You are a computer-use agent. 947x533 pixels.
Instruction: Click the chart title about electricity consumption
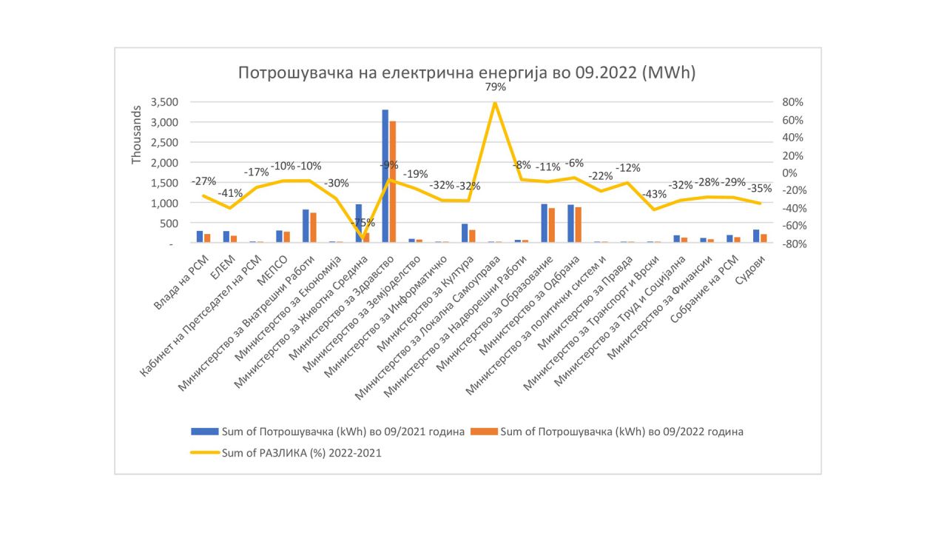(x=467, y=73)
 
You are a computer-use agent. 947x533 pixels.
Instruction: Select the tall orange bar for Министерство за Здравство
(x=393, y=181)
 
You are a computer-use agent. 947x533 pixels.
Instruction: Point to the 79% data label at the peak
(x=495, y=87)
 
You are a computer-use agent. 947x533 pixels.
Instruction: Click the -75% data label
(x=362, y=223)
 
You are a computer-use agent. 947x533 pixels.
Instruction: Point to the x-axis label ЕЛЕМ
(x=222, y=264)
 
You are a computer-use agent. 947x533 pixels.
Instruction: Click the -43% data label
(x=653, y=194)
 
